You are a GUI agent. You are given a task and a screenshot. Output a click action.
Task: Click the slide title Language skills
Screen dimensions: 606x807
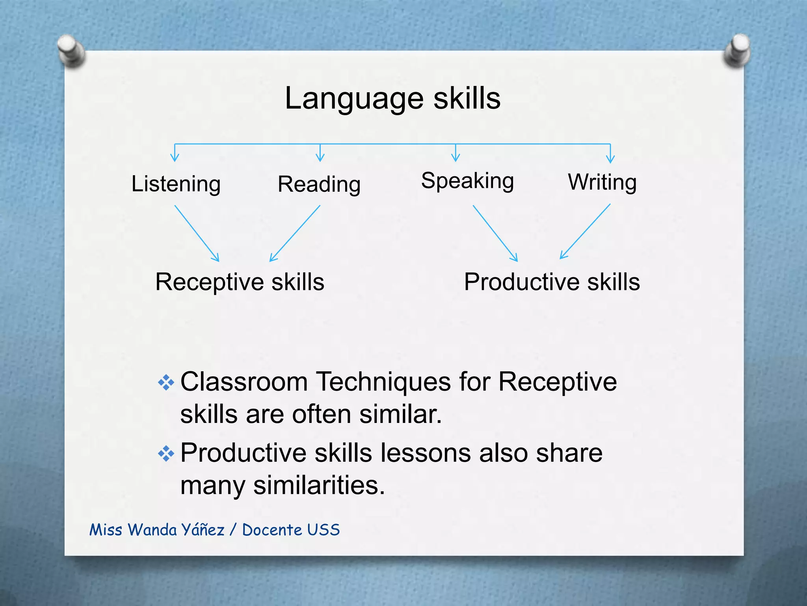(392, 99)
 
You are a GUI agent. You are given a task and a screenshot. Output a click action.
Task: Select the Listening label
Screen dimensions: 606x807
(176, 184)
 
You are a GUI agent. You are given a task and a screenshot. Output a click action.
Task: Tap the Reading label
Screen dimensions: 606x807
(319, 185)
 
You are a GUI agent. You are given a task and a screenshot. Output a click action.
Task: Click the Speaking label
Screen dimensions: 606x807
(467, 181)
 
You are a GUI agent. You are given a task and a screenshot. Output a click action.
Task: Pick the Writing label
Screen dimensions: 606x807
(602, 182)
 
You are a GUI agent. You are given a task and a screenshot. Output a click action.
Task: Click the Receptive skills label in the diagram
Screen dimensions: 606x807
(240, 282)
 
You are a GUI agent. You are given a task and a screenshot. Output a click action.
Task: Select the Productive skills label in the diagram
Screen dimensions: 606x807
(552, 282)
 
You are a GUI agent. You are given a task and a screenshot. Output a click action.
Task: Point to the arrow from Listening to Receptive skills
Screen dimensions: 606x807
(197, 233)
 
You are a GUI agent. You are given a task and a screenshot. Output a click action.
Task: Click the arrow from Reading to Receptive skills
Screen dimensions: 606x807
(295, 233)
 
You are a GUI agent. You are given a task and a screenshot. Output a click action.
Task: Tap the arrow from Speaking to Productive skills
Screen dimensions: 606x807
(495, 233)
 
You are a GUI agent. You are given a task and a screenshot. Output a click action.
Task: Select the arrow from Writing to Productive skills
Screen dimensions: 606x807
(586, 231)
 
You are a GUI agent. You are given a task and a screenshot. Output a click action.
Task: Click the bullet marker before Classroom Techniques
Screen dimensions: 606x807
(166, 382)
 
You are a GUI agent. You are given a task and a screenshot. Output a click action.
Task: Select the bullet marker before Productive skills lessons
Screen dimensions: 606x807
(166, 454)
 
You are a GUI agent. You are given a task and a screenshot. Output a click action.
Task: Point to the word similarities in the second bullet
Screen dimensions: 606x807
(319, 485)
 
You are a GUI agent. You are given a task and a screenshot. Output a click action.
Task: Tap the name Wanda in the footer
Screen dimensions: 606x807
(152, 530)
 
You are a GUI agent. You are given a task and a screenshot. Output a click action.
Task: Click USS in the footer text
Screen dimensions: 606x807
(323, 530)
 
